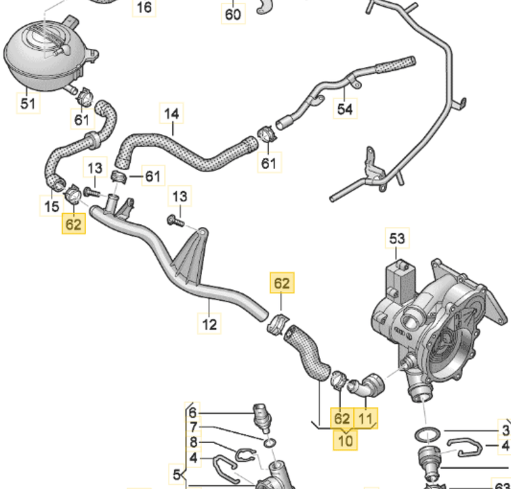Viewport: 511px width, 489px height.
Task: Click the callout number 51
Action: [28, 104]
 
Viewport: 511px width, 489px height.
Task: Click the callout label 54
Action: [345, 109]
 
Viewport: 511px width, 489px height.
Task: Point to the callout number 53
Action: [397, 240]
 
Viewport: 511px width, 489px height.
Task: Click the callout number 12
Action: [210, 324]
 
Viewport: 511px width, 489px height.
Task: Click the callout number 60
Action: [233, 15]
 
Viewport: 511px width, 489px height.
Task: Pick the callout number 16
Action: [144, 8]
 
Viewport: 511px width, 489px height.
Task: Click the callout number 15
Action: [52, 206]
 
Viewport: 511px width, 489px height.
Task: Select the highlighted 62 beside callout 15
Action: [74, 224]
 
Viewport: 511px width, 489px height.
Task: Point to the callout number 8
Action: [194, 441]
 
